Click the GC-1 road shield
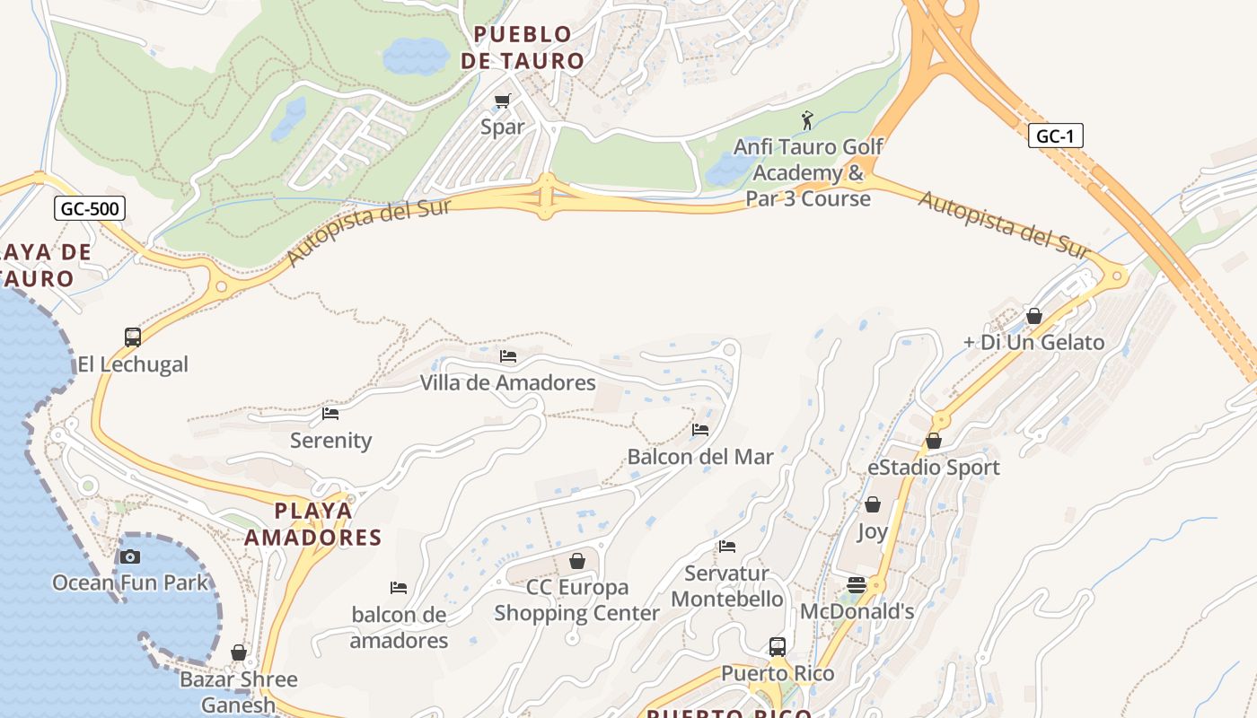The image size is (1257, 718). [1055, 136]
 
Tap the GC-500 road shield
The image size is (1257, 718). [89, 209]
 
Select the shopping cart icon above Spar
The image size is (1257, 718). [502, 101]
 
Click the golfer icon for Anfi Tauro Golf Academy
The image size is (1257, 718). [807, 119]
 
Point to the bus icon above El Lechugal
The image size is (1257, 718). [133, 337]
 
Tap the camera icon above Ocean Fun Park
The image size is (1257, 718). [130, 556]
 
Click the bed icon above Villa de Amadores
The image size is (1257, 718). [508, 356]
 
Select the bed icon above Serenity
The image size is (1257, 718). [330, 414]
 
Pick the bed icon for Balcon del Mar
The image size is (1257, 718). [700, 430]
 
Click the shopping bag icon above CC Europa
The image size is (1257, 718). [577, 561]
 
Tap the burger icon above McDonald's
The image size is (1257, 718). [857, 585]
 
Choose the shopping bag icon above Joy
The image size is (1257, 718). [872, 505]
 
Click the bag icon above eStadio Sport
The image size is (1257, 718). [934, 441]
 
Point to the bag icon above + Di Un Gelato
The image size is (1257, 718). [1034, 316]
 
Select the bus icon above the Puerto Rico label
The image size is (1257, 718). [778, 646]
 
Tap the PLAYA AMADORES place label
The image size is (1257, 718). [313, 524]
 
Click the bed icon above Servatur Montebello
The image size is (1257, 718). [727, 546]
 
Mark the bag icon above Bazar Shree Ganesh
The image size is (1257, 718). [239, 652]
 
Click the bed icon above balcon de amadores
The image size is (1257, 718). [399, 588]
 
